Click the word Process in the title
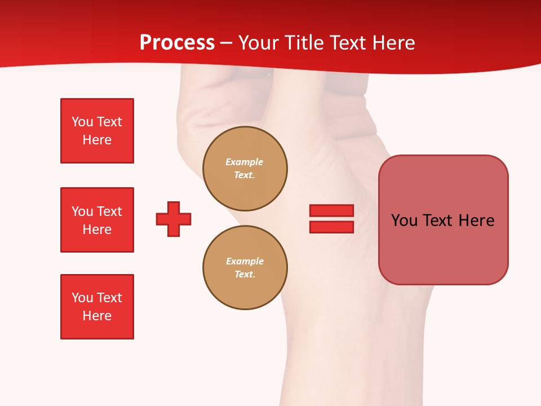(x=177, y=43)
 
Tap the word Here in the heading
(x=393, y=43)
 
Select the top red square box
(x=97, y=131)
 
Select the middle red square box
(x=97, y=220)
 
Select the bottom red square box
(x=97, y=307)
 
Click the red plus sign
(x=174, y=219)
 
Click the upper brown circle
(x=245, y=169)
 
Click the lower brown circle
(x=245, y=268)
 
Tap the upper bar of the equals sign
(x=331, y=210)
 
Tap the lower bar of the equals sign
(x=331, y=227)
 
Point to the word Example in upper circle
(x=245, y=162)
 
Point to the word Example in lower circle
(x=245, y=261)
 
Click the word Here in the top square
(x=97, y=140)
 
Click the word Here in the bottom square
(x=97, y=316)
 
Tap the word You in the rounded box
(x=404, y=220)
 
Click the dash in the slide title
(x=227, y=43)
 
